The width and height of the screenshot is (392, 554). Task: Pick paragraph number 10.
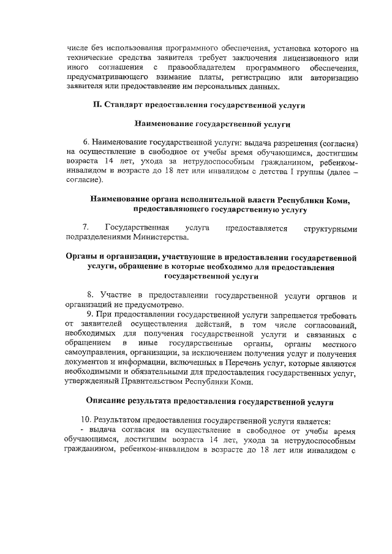(87, 421)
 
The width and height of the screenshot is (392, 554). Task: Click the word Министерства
(159, 238)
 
